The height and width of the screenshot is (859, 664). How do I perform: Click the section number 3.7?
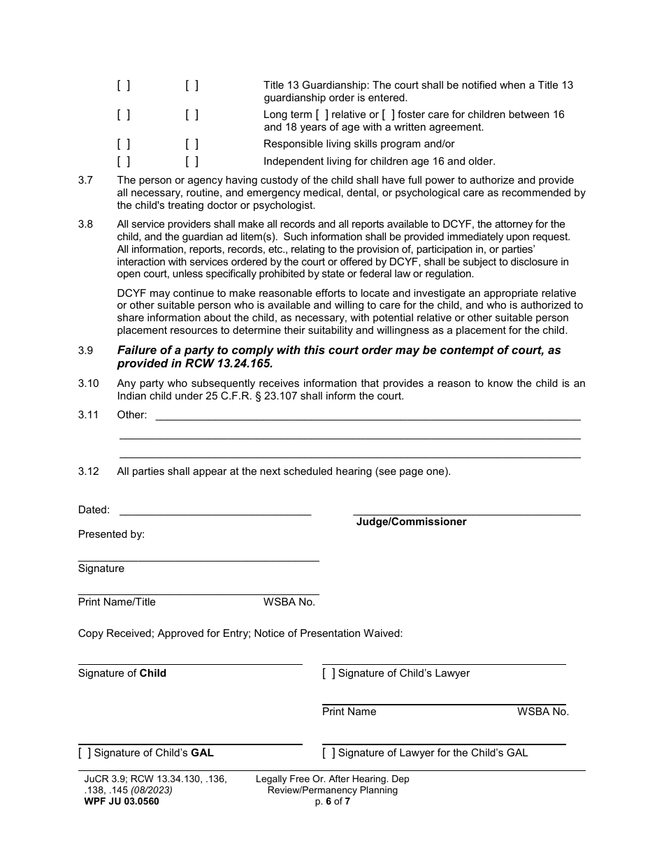[x=85, y=180]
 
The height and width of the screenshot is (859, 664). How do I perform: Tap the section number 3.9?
[x=85, y=351]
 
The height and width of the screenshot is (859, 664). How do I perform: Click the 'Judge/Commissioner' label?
[x=411, y=522]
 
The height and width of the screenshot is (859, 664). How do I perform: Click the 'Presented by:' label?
[x=111, y=534]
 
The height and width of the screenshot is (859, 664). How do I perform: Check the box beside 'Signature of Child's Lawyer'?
[x=329, y=674]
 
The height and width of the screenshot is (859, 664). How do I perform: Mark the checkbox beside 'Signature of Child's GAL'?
[x=85, y=754]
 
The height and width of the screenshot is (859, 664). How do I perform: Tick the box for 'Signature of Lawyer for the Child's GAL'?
[x=329, y=754]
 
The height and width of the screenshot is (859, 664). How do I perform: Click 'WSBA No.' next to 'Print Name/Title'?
[x=289, y=602]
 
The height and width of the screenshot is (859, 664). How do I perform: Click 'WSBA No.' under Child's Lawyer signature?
[x=542, y=712]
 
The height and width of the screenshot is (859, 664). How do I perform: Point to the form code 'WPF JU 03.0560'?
[x=118, y=802]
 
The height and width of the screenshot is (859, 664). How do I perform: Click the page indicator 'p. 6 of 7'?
[x=332, y=802]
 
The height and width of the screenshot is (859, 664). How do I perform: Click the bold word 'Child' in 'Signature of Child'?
[x=152, y=674]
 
